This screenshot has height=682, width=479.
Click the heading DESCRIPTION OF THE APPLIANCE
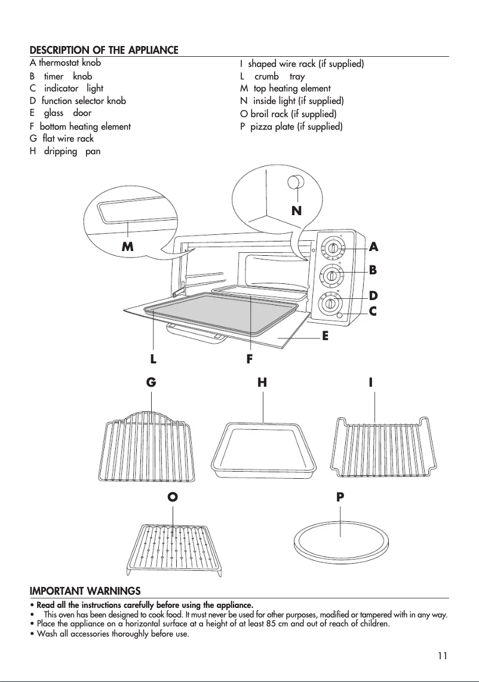click(x=104, y=50)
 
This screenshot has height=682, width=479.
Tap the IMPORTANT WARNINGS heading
click(x=85, y=591)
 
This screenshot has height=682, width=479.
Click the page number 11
click(x=442, y=655)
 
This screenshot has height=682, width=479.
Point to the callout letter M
click(x=127, y=246)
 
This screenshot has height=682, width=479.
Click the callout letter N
click(x=296, y=210)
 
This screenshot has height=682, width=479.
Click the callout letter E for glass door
click(x=326, y=336)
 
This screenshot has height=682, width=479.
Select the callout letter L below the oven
click(x=153, y=359)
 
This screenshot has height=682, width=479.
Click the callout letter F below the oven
click(x=250, y=359)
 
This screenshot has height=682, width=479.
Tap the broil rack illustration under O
click(x=176, y=545)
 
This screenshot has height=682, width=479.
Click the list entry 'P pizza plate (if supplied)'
click(x=291, y=127)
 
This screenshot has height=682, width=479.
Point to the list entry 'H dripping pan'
click(x=65, y=152)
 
